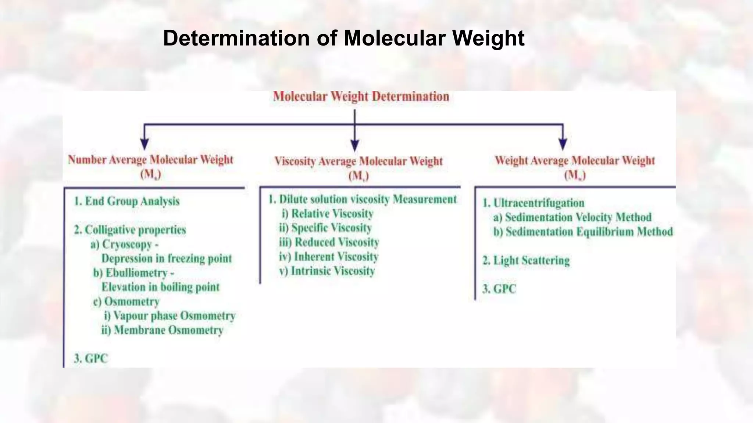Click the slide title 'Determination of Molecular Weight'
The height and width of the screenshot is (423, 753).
click(x=343, y=38)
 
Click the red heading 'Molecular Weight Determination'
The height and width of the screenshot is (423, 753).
click(x=361, y=97)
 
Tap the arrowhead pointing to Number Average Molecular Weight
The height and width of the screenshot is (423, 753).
click(x=145, y=144)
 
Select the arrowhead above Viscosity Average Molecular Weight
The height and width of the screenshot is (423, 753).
click(x=354, y=145)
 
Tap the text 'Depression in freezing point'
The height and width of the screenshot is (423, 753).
click(x=167, y=258)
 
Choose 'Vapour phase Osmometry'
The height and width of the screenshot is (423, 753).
click(x=174, y=316)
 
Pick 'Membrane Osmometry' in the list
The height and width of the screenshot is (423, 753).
click(x=168, y=330)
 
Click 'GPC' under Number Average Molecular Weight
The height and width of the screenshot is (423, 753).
click(x=96, y=358)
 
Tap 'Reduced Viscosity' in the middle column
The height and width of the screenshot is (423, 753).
click(x=336, y=242)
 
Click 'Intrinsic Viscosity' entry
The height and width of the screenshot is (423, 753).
click(x=333, y=271)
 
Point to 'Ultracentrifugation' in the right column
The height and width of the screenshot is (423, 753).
click(x=538, y=203)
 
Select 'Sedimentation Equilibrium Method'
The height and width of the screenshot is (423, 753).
click(x=589, y=232)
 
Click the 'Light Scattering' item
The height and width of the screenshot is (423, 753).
click(x=531, y=261)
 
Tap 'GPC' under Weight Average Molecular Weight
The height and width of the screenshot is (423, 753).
click(x=504, y=289)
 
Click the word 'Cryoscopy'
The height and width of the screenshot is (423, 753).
click(x=127, y=244)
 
